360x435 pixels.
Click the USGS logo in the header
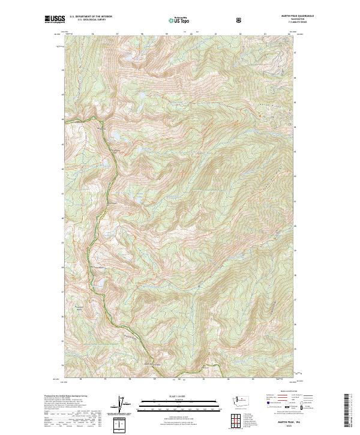coord(55,20)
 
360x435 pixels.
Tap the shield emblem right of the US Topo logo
coord(240,20)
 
